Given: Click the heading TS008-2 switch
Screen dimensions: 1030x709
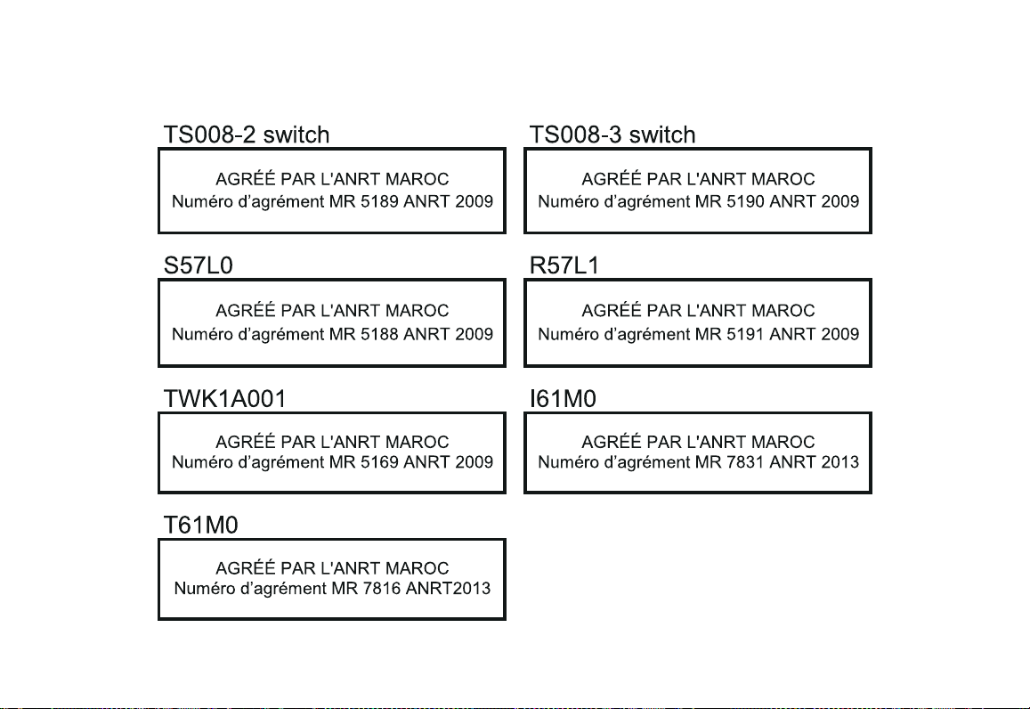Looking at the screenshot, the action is pos(247,134).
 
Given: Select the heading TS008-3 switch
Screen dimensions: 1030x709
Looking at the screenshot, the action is pos(612,134).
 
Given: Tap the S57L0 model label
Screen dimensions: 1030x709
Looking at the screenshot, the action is pos(199,265).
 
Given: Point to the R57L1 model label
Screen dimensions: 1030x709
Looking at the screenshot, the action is pos(564,265).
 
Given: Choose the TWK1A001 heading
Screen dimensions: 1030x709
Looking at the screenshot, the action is pos(224,399).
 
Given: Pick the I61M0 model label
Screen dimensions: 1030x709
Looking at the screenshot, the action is pos(563,399).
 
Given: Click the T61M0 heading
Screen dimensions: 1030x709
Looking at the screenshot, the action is pos(200,525).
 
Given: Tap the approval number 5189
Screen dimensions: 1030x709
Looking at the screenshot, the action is pos(379,201).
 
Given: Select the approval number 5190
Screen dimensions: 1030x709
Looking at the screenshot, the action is pos(745,201).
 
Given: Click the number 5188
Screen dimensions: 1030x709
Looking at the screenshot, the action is pos(379,334).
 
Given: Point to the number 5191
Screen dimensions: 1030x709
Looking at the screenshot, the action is pos(745,334).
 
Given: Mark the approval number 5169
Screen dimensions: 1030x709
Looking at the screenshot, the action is pos(379,462).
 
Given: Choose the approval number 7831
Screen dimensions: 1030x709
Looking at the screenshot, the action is pos(745,462).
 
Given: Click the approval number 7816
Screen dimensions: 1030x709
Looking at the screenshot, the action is pos(382,589).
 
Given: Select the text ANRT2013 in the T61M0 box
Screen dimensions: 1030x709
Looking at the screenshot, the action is pos(448,589).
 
